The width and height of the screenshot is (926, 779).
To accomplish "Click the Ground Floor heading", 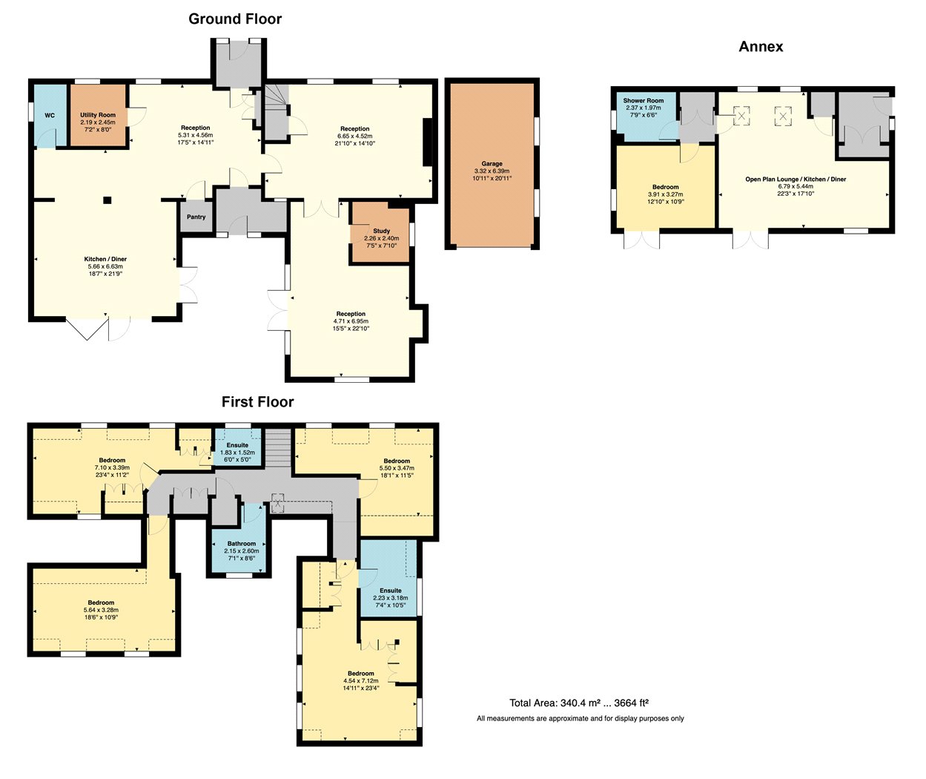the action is coord(235,19).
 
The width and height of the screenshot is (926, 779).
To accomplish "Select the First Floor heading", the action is coord(258,402).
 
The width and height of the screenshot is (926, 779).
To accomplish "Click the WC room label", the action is coord(50,116).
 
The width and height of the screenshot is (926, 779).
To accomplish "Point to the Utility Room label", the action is coord(98,115).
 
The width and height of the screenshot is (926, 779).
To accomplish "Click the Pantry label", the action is coord(196,217).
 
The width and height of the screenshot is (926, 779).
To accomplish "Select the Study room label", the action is coord(381,231).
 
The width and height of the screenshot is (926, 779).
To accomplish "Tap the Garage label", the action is coord(492,164).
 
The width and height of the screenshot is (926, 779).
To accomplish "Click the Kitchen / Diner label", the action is coord(105,259).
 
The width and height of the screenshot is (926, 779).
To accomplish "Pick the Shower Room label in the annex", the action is coord(643,101).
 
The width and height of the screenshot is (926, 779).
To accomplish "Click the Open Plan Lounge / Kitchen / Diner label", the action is coord(796,180).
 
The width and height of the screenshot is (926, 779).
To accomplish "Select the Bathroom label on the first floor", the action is coord(241,544).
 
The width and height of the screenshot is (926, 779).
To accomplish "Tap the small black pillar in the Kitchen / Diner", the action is coord(107,200).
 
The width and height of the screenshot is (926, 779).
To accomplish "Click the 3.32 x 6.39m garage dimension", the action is coord(492,171).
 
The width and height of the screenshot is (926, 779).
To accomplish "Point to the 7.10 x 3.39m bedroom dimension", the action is coord(112,467).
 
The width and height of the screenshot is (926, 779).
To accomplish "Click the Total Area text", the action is coord(579,703).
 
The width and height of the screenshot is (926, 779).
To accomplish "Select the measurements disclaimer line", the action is coord(580,718).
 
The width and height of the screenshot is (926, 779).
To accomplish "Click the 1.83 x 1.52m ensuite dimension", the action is coord(237,453).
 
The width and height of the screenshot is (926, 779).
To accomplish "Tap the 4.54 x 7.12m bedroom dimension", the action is coord(361,681).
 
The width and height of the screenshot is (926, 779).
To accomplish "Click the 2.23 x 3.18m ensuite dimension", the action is coord(390,598).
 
